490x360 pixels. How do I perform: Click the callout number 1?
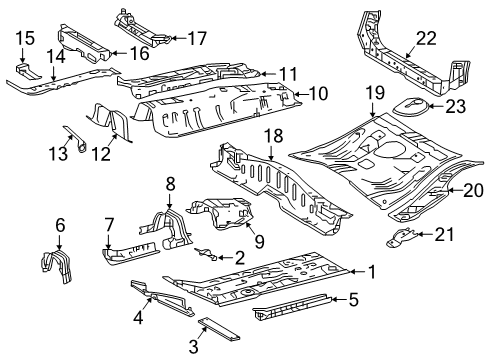click(x=372, y=270)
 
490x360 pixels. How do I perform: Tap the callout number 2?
click(x=239, y=257)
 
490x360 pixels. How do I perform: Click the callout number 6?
click(x=60, y=225)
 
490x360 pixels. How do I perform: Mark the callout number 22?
click(x=427, y=38)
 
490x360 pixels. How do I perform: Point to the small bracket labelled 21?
click(x=401, y=237)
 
